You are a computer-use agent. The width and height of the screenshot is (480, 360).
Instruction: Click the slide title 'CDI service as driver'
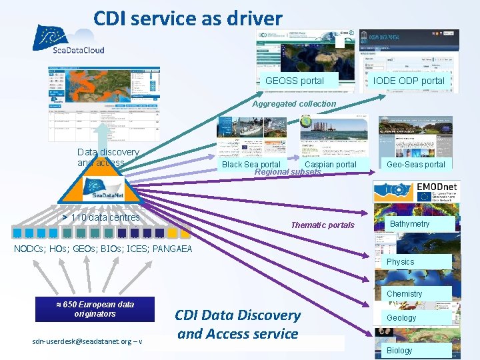pyautogui.click(x=187, y=18)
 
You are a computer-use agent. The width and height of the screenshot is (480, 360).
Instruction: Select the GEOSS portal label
pyautogui.click(x=295, y=81)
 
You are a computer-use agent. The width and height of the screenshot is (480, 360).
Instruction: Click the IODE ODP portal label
pyautogui.click(x=409, y=81)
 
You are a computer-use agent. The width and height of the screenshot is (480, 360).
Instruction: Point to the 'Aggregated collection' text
pyautogui.click(x=294, y=103)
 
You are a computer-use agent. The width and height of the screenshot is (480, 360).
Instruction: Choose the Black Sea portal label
pyautogui.click(x=251, y=164)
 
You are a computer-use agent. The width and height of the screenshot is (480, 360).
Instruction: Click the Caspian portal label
pyautogui.click(x=330, y=164)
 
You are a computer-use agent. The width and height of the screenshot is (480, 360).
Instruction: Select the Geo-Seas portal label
pyautogui.click(x=415, y=164)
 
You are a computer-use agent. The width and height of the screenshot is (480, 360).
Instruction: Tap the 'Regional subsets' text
pyautogui.click(x=287, y=172)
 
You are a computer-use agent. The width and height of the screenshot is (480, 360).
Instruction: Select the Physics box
pyautogui.click(x=401, y=262)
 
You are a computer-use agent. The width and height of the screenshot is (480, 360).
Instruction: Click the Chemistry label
pyautogui.click(x=404, y=293)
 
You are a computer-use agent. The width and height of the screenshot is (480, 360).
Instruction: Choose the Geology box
pyautogui.click(x=401, y=318)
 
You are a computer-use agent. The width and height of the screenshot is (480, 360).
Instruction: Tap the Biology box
pyautogui.click(x=399, y=350)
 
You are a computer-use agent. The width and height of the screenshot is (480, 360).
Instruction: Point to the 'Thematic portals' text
pyautogui.click(x=323, y=225)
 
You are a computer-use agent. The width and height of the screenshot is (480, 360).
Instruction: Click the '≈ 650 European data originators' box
pyautogui.click(x=95, y=309)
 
